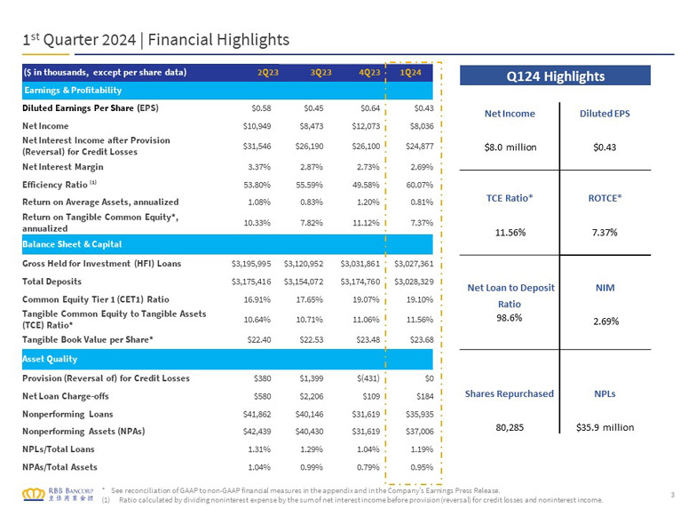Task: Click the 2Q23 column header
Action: (x=267, y=73)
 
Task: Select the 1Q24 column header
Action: (x=410, y=73)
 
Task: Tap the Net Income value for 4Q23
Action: (x=366, y=126)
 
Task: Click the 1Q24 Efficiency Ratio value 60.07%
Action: (x=420, y=185)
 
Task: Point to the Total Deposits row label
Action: (x=51, y=282)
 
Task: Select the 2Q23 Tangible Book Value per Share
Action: (x=259, y=339)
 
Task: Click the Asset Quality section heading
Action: (x=50, y=359)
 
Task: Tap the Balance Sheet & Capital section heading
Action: (x=72, y=244)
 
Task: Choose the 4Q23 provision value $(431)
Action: (x=368, y=378)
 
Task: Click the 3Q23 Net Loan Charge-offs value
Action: (x=312, y=396)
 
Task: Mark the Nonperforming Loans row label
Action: (x=67, y=414)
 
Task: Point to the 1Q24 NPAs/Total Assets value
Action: (x=422, y=467)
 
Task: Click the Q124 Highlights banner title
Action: (x=556, y=76)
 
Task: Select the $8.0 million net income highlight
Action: (x=510, y=147)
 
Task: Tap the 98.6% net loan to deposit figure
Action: (x=510, y=318)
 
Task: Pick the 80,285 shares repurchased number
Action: (x=510, y=427)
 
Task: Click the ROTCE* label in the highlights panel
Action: (x=605, y=198)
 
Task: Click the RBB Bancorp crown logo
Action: (x=34, y=494)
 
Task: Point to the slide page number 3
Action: (x=673, y=495)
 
